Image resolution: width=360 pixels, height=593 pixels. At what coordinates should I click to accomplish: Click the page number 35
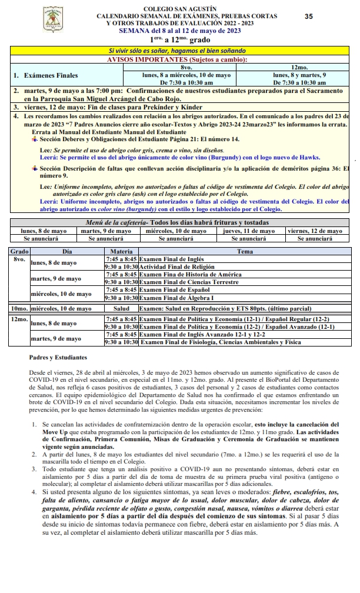[309, 16]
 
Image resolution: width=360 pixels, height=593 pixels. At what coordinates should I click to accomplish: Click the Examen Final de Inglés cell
[171, 258]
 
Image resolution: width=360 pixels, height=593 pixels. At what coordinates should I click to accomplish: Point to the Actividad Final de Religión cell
[174, 266]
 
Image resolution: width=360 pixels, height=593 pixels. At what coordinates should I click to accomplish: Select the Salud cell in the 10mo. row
[121, 308]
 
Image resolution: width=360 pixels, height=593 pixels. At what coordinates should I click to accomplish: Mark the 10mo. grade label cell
[19, 308]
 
